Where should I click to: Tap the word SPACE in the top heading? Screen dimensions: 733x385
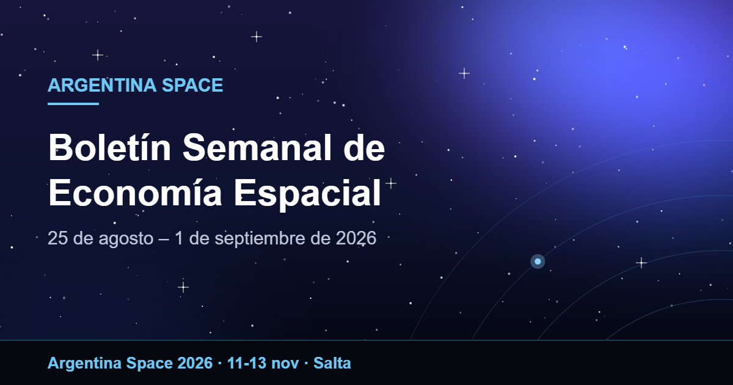point(192,85)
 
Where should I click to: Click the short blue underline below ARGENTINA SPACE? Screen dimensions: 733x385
point(73,104)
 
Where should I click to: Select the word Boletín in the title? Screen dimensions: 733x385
point(109,148)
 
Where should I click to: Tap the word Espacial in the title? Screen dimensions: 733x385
point(307,194)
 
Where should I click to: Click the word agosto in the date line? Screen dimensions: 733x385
point(126,239)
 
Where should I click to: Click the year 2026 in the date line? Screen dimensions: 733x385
point(356,238)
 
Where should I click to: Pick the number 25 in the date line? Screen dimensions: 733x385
point(58,238)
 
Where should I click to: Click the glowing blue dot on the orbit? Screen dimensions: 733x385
point(538,262)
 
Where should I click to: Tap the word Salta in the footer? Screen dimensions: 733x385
point(332,363)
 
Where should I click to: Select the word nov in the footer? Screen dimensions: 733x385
point(285,364)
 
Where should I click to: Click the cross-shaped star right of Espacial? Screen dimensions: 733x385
point(391,183)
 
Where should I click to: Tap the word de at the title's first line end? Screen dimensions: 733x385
point(364,148)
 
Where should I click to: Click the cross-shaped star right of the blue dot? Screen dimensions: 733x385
point(641,263)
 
